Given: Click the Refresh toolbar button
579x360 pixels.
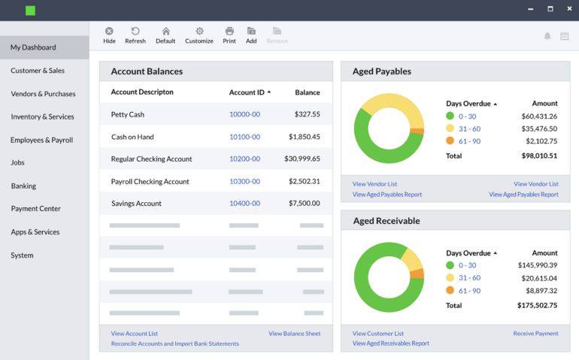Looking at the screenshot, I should click(135, 35).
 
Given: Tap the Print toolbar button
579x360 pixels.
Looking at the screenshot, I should click(229, 35).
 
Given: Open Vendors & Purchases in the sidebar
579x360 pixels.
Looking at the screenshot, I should click(43, 94).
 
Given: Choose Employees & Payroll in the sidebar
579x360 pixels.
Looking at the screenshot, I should click(41, 140).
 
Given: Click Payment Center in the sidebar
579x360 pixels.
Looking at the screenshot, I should click(35, 209).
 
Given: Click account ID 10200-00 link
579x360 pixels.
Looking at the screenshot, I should click(244, 159).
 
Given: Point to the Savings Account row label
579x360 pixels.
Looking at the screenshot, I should click(136, 204).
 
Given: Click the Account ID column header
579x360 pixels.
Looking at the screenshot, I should click(247, 92).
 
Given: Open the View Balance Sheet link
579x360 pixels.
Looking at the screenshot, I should click(294, 334).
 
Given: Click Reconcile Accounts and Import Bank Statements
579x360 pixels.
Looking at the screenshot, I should click(174, 343).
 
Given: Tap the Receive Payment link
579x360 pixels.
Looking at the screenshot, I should click(535, 334).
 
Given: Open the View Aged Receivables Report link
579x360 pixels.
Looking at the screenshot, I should click(390, 343).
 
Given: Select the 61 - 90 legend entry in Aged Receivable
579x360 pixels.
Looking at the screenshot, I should click(469, 291).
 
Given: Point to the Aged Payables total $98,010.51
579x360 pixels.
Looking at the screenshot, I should click(538, 156).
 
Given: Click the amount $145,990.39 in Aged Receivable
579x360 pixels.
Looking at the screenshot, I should click(537, 265).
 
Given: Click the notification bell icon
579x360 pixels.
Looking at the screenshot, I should click(547, 36).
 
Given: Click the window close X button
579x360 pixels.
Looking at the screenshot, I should click(568, 9).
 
